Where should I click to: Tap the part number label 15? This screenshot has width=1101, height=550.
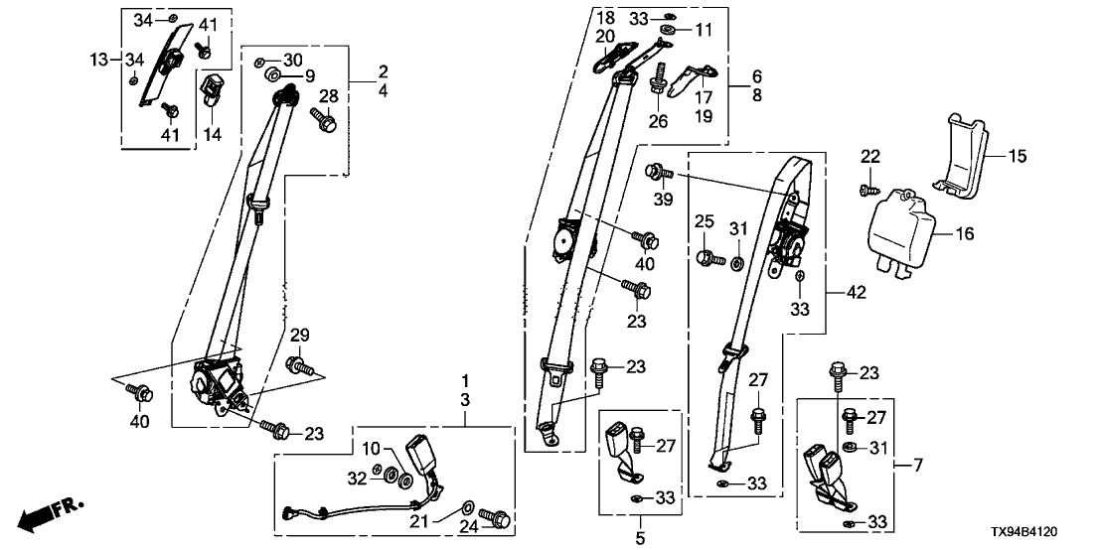(x=1018, y=156)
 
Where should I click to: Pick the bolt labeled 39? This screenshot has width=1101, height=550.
(x=657, y=173)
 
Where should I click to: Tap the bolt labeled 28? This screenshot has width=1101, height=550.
(x=326, y=122)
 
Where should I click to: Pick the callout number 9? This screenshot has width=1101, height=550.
(x=309, y=75)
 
